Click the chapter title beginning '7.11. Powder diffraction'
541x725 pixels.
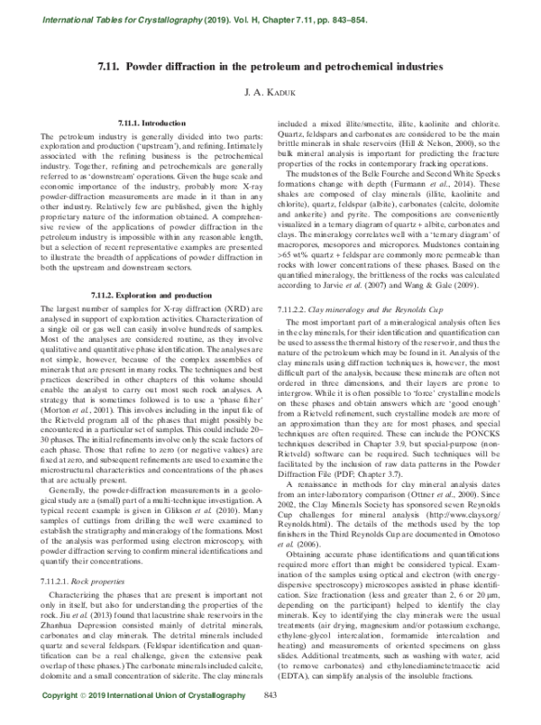(x=270, y=68)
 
